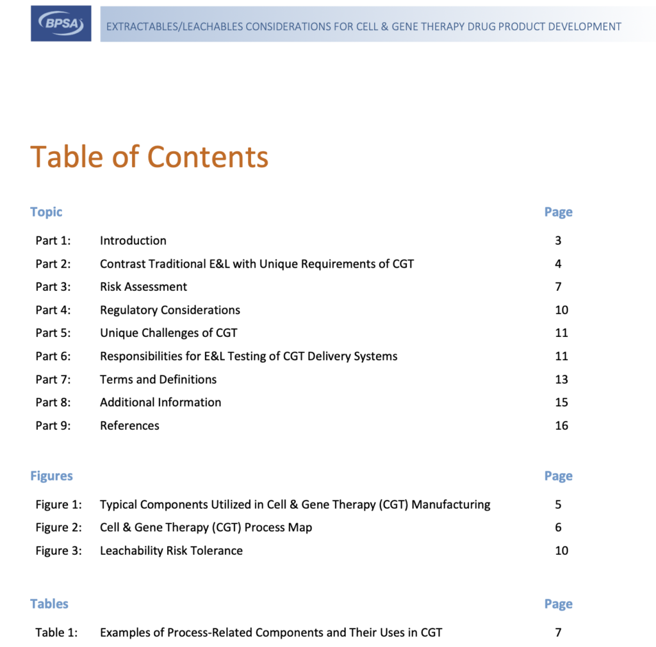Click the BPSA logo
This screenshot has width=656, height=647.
(x=61, y=24)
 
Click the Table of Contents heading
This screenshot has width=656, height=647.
(x=149, y=156)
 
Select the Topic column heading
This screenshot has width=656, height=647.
(x=46, y=212)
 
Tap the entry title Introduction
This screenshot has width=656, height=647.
(x=133, y=241)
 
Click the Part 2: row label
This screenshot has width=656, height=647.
(x=53, y=264)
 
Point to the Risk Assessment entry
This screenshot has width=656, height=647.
(x=143, y=287)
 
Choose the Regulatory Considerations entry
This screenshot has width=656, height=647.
(x=170, y=310)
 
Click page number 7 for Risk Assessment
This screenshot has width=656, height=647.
(x=559, y=287)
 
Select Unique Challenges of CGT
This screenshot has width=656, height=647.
(x=168, y=333)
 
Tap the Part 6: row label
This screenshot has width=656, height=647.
(x=53, y=356)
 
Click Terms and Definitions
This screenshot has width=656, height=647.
(x=158, y=379)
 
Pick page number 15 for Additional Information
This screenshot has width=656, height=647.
(x=561, y=402)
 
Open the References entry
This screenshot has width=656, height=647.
(x=129, y=425)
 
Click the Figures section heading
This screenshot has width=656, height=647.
(x=51, y=476)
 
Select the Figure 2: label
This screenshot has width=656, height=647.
(x=58, y=528)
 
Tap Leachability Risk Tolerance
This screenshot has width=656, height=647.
(x=171, y=551)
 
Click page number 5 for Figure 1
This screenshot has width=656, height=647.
(x=559, y=505)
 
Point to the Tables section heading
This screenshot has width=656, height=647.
(x=49, y=604)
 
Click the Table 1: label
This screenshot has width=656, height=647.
(x=56, y=633)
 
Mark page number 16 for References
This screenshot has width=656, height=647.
(x=561, y=425)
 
